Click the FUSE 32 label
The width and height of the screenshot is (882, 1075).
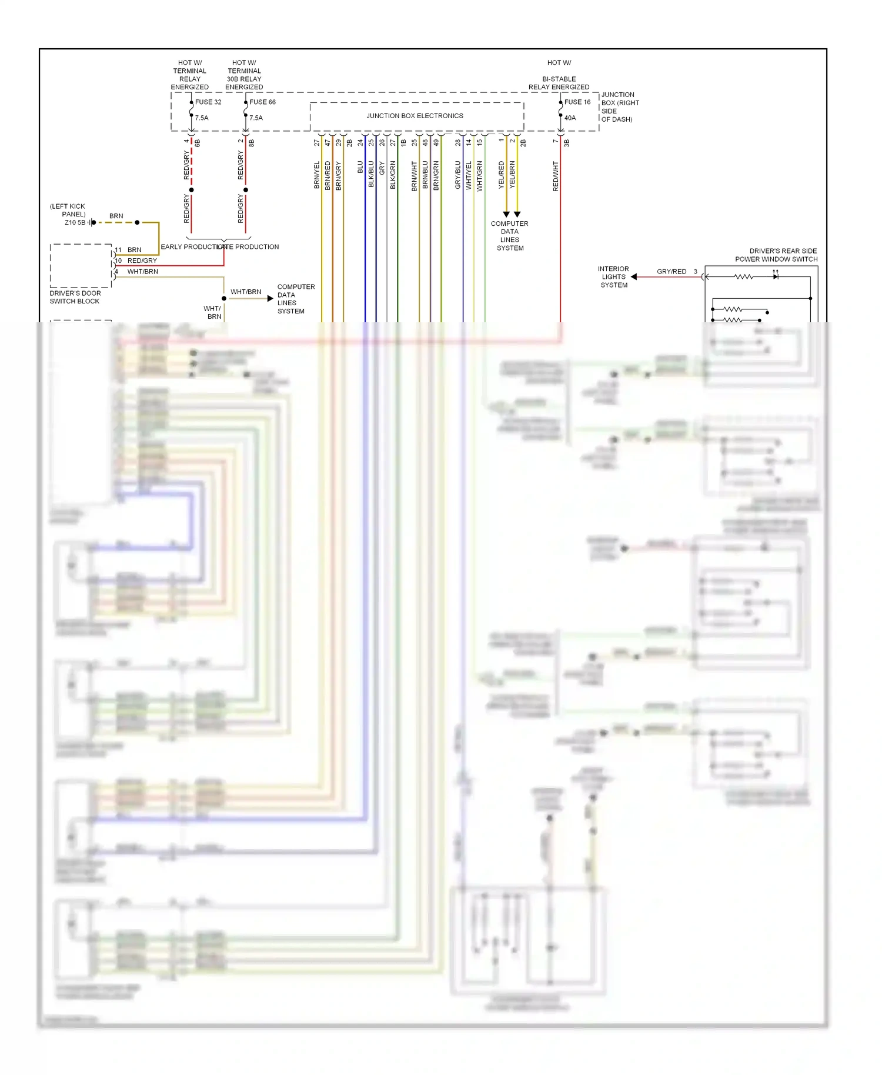click(x=208, y=102)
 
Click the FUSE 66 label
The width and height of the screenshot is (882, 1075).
click(x=262, y=102)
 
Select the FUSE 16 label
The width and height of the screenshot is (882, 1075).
click(x=577, y=102)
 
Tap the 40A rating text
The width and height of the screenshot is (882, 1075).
click(x=570, y=118)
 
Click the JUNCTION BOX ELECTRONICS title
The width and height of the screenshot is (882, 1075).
click(x=415, y=116)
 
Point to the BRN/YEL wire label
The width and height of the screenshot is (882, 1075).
click(x=317, y=175)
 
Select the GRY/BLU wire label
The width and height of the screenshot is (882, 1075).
click(x=458, y=175)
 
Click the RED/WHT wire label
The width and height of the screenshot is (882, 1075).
click(x=556, y=176)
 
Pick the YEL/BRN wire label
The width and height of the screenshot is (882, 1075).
click(x=512, y=174)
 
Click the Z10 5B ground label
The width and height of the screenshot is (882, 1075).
click(x=75, y=223)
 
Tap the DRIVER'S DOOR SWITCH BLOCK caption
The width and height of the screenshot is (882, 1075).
click(x=75, y=297)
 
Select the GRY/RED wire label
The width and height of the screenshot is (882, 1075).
click(x=671, y=272)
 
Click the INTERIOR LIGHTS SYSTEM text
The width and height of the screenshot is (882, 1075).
click(x=613, y=277)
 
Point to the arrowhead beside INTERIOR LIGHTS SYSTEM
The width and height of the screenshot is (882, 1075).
click(x=634, y=277)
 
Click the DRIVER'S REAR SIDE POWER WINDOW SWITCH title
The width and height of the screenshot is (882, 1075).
click(x=776, y=255)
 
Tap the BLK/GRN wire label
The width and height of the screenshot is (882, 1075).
click(x=393, y=175)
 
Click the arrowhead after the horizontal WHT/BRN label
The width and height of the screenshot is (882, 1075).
click(x=270, y=299)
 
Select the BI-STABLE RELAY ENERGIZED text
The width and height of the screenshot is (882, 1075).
click(x=559, y=83)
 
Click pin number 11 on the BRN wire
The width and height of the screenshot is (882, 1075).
click(x=118, y=250)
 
